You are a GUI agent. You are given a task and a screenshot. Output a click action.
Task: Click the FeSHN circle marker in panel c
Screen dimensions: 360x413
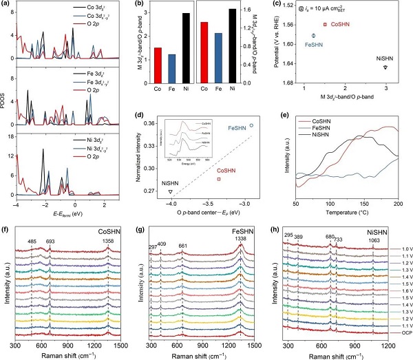314,35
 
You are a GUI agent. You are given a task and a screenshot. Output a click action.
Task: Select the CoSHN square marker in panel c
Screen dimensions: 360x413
325,24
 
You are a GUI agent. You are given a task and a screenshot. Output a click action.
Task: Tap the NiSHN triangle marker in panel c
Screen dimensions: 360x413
385,67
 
